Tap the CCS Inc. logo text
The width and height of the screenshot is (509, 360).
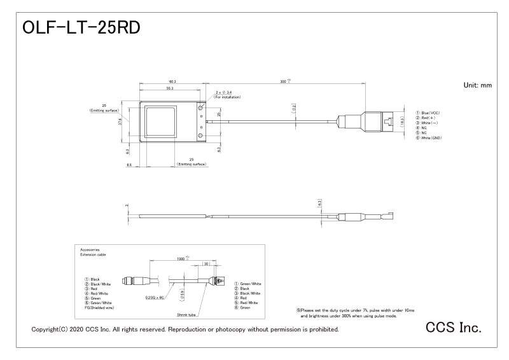[x=453, y=327]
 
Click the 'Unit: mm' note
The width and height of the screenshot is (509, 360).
[x=478, y=85]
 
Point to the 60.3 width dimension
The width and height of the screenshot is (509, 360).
[x=172, y=82]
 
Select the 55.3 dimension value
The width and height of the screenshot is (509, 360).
[x=169, y=88]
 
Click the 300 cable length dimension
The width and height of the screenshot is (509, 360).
[x=284, y=82]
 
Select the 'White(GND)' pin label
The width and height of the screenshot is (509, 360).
[x=430, y=138]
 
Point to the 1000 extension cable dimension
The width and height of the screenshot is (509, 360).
[x=184, y=259]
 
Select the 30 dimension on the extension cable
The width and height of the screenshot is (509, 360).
[x=206, y=264]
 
